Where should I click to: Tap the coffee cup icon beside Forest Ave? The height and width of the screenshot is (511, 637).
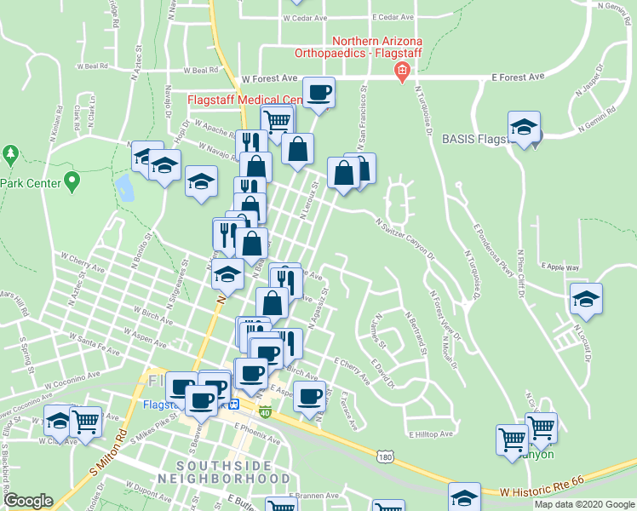pyautogui.click(x=319, y=93)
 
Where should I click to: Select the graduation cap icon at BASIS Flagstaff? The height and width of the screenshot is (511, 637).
pyautogui.click(x=525, y=128)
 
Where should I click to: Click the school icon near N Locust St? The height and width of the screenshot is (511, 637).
pyautogui.click(x=586, y=300)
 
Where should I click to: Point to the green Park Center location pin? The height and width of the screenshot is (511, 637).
pyautogui.click(x=72, y=181)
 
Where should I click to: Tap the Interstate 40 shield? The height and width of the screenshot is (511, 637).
pyautogui.click(x=266, y=413)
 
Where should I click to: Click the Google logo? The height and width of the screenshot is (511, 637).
pyautogui.click(x=28, y=501)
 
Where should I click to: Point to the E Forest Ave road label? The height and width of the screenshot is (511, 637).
pyautogui.click(x=518, y=77)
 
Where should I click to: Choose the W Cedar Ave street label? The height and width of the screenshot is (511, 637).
pyautogui.click(x=305, y=17)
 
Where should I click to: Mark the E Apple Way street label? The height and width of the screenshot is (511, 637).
pyautogui.click(x=559, y=267)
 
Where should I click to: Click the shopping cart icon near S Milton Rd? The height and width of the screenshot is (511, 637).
pyautogui.click(x=85, y=422)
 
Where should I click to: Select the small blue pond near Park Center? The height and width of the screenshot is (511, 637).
pyautogui.click(x=126, y=187)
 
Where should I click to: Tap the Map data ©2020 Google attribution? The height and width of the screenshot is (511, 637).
pyautogui.click(x=584, y=504)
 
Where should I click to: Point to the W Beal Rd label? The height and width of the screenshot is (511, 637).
pyautogui.click(x=93, y=65)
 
